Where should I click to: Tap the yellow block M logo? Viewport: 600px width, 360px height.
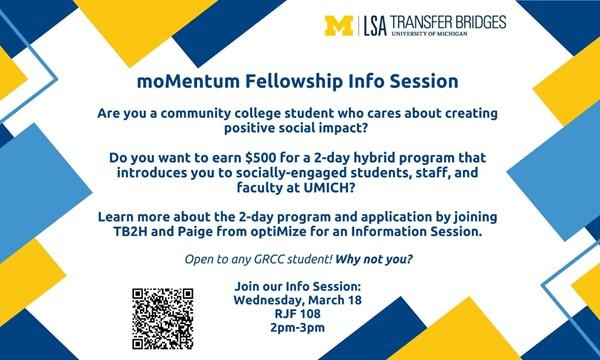[x=340, y=24]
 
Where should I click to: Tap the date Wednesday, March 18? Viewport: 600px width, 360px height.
[x=297, y=300]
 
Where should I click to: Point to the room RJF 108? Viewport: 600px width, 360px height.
[x=298, y=313]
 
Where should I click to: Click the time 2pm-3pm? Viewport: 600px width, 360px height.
[x=298, y=327]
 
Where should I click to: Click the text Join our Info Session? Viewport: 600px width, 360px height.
[x=297, y=287]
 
